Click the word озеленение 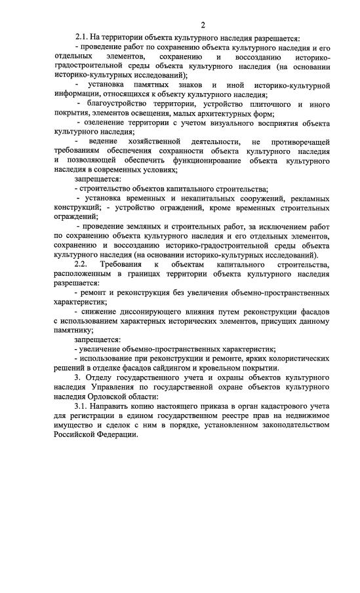(108, 123)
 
